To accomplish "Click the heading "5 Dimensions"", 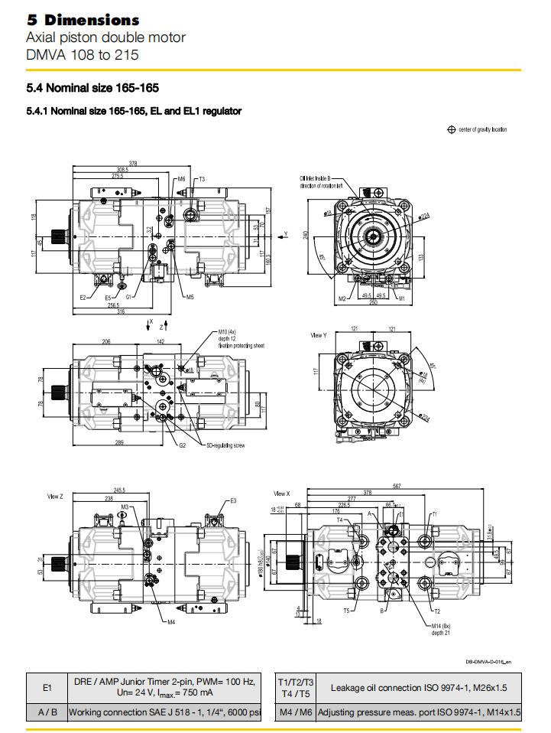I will pyautogui.click(x=83, y=20).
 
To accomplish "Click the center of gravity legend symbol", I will pyautogui.click(x=452, y=129).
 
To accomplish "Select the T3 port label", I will pyautogui.click(x=200, y=179).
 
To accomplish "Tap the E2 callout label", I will pyautogui.click(x=83, y=297).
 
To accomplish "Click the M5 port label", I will pyautogui.click(x=190, y=297).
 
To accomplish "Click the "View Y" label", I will pyautogui.click(x=319, y=335).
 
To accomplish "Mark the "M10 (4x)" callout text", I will pyautogui.click(x=227, y=333).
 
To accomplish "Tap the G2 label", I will pyautogui.click(x=183, y=445).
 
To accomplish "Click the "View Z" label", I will pyautogui.click(x=54, y=497).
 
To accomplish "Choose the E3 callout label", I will pyautogui.click(x=233, y=500).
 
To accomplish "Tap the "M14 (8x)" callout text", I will pyautogui.click(x=441, y=625).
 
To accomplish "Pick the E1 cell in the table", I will pyautogui.click(x=47, y=688).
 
